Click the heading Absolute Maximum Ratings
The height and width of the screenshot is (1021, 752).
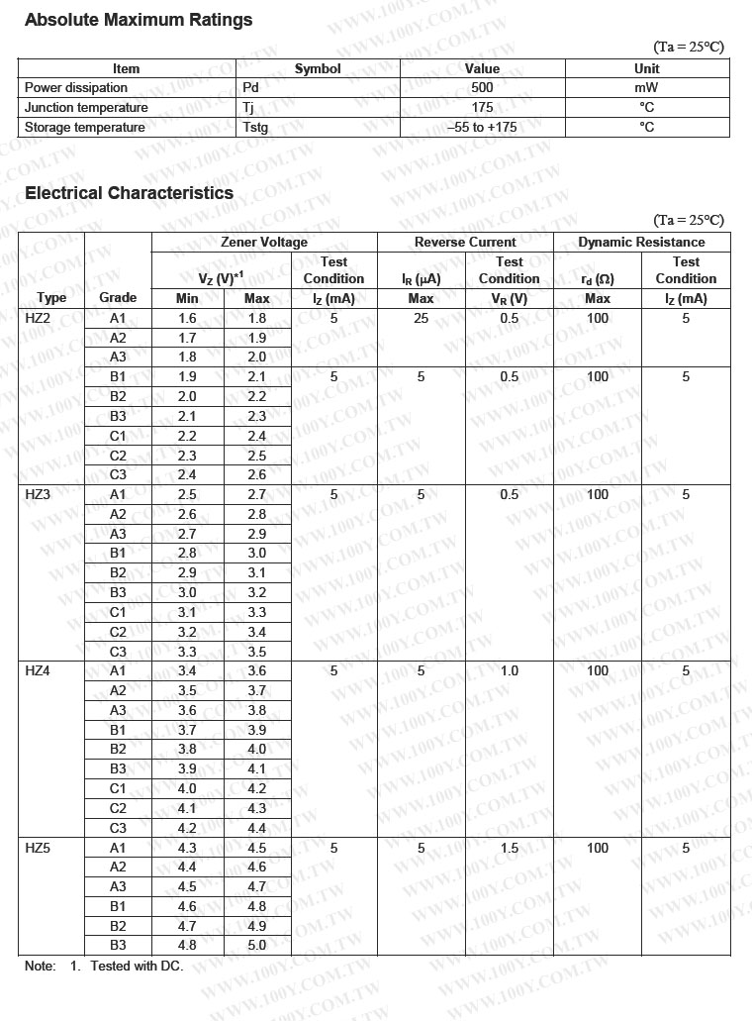click(139, 20)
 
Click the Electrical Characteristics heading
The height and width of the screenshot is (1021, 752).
click(130, 193)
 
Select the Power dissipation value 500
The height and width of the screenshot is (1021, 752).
click(482, 88)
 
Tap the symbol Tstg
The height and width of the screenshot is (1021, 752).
click(255, 127)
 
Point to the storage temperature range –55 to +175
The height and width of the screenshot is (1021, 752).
click(482, 127)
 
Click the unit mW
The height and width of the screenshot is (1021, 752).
click(646, 88)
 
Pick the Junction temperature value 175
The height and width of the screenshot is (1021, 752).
click(482, 107)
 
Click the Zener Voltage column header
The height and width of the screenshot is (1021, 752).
click(264, 242)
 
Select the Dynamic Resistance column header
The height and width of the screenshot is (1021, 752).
click(641, 242)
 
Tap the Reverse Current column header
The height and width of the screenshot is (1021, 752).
click(465, 242)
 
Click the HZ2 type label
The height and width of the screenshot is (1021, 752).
click(38, 318)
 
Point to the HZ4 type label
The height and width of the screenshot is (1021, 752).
click(38, 670)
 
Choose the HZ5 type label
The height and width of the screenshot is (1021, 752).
click(38, 848)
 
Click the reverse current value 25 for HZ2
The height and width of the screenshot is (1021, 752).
click(422, 318)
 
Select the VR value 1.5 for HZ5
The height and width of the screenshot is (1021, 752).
click(510, 848)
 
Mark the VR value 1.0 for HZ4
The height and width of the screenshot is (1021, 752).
click(510, 670)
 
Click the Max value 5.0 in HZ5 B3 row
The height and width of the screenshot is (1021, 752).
click(257, 945)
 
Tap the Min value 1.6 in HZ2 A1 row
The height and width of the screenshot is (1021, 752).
click(187, 318)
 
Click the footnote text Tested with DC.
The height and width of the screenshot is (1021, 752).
click(137, 966)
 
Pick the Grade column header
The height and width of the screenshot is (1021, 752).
click(119, 297)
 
